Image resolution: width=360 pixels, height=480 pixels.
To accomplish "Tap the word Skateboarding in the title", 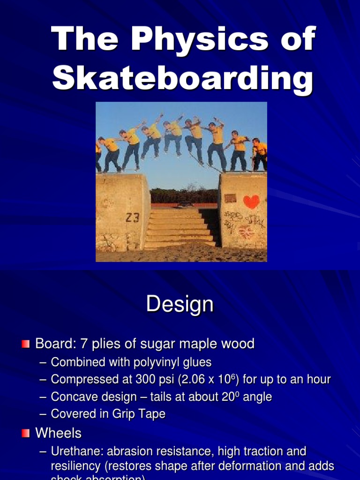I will (182, 79).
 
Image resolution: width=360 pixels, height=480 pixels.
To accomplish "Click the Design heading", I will (180, 305).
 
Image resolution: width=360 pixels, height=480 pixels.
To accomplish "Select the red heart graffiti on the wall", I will (251, 202).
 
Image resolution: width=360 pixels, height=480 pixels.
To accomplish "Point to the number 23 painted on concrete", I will (132, 217).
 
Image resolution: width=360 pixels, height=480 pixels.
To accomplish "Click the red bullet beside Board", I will (25, 345).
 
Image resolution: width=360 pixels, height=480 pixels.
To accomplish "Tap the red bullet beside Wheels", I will (25, 434).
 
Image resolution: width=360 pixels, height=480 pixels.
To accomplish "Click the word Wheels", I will (58, 433).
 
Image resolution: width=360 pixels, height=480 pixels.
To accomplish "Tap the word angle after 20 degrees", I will (257, 397).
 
